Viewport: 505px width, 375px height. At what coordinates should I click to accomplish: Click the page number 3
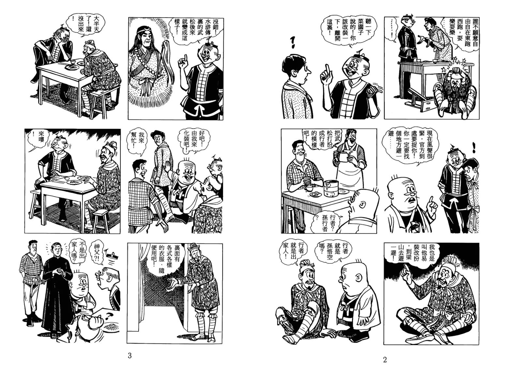click(x=130, y=355)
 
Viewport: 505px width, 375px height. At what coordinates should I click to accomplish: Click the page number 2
click(x=385, y=360)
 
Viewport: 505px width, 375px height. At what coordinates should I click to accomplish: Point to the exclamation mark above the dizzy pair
click(x=473, y=148)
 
